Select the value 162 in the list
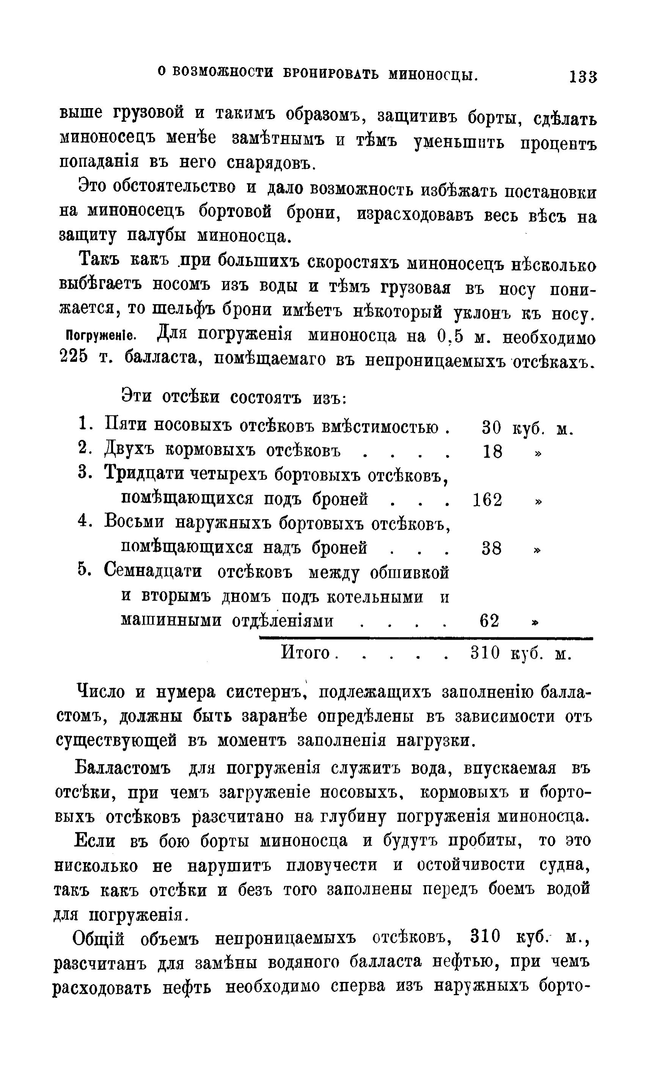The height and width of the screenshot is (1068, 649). [x=487, y=500]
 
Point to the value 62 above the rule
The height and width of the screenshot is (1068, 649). [x=490, y=621]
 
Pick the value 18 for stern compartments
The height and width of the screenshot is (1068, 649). [x=493, y=453]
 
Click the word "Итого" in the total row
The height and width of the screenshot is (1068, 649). [x=306, y=652]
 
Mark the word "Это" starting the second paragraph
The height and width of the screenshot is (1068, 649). [x=93, y=186]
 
